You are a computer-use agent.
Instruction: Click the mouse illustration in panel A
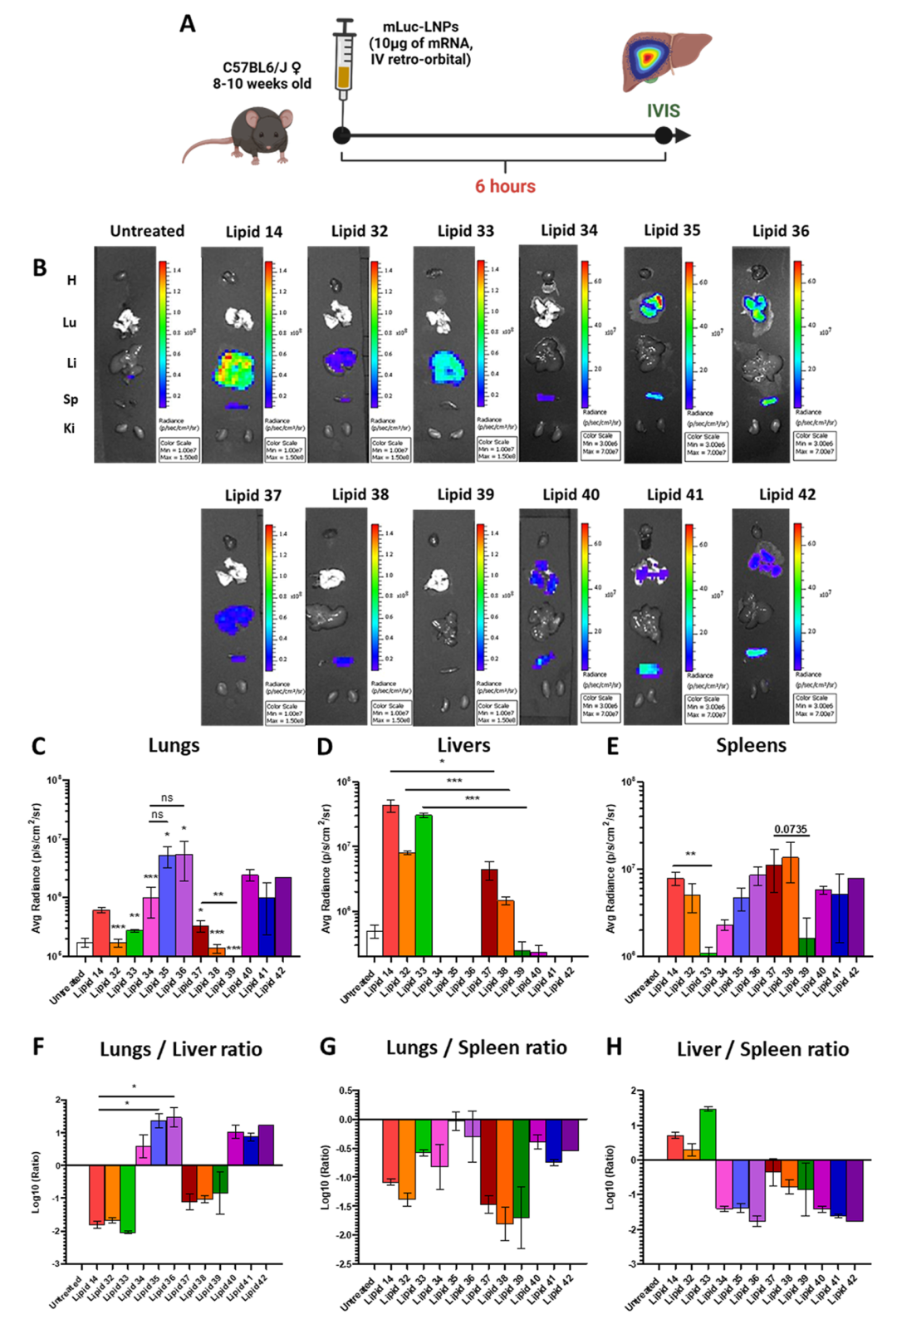click(249, 133)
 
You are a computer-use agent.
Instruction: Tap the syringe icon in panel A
click(343, 62)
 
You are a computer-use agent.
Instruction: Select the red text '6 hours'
click(505, 186)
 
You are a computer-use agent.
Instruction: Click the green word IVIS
click(664, 110)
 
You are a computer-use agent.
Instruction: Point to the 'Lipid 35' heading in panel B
click(672, 230)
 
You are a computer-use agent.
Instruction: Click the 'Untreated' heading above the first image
click(147, 231)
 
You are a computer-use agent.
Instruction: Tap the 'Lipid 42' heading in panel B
click(787, 494)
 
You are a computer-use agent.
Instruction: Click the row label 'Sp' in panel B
click(71, 400)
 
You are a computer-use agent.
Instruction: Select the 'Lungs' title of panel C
click(174, 745)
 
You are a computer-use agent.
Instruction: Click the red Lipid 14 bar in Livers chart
click(390, 880)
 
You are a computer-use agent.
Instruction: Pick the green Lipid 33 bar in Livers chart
click(424, 885)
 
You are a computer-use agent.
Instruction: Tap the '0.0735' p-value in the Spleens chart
click(790, 829)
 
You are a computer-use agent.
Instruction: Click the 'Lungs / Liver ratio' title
click(180, 1049)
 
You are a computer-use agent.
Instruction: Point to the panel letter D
click(325, 746)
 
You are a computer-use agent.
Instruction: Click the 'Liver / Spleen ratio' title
click(762, 1049)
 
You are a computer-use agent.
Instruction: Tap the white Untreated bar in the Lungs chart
click(84, 949)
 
